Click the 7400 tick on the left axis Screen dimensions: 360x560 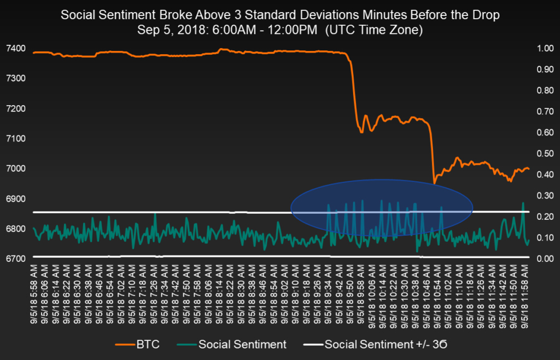pyautogui.click(x=14, y=49)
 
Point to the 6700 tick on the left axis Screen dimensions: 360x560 pyautogui.click(x=14, y=258)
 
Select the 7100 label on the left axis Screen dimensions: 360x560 pyautogui.click(x=14, y=138)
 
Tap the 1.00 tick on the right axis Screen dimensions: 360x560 pyautogui.click(x=546, y=49)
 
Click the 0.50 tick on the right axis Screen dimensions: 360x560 pyautogui.click(x=546, y=154)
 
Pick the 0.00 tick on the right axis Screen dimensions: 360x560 pyautogui.click(x=546, y=258)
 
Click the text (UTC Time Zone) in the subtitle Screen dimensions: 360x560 pyautogui.click(x=374, y=31)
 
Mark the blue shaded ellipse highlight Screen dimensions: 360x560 pyautogui.click(x=381, y=208)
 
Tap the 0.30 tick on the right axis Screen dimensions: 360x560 pyautogui.click(x=546, y=195)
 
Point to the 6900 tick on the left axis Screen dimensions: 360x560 pyautogui.click(x=14, y=198)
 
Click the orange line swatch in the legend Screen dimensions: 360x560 pyautogui.click(x=125, y=345)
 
